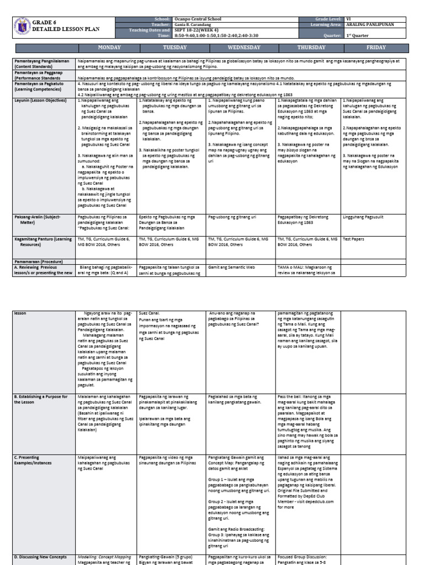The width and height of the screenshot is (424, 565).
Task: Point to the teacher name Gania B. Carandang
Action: click(x=194, y=24)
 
